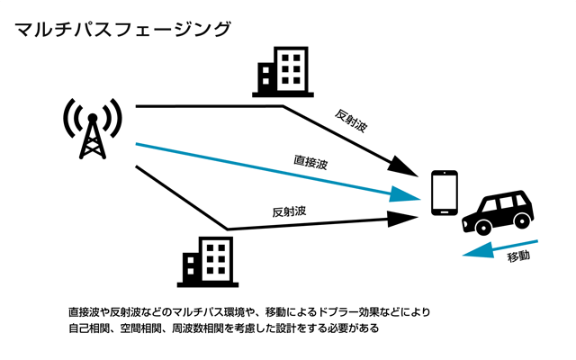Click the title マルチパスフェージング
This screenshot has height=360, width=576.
pos(122,29)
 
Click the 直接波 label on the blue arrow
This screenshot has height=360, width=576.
pos(310,164)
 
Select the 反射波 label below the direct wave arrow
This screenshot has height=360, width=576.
pos(290,213)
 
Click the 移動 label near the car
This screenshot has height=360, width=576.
pos(519,257)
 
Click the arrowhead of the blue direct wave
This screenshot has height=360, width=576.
pos(409,193)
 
